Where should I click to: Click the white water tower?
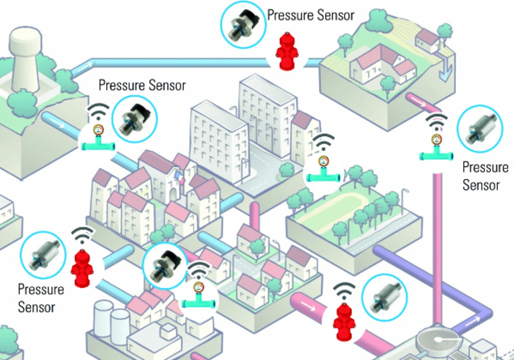25,60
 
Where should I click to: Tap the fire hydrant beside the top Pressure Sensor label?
287,51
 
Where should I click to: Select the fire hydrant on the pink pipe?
344,321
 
